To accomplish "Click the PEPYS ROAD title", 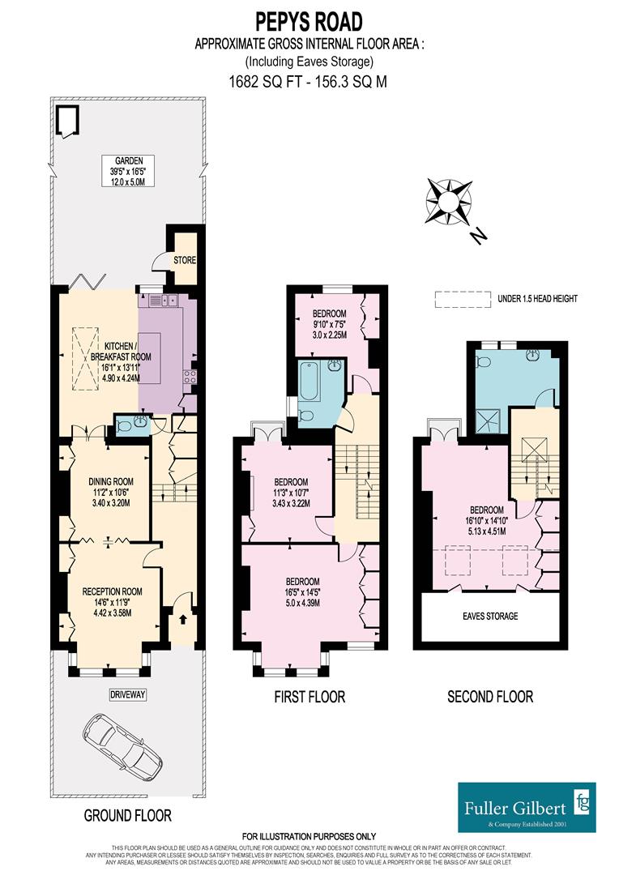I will [x=309, y=21].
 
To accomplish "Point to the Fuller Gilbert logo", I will [x=526, y=806].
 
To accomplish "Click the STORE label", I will [x=184, y=259].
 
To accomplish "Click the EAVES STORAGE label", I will [x=490, y=617].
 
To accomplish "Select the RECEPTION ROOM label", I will [x=112, y=591].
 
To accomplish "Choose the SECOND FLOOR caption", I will [x=490, y=697].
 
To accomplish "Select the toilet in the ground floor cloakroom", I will [x=123, y=425].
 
